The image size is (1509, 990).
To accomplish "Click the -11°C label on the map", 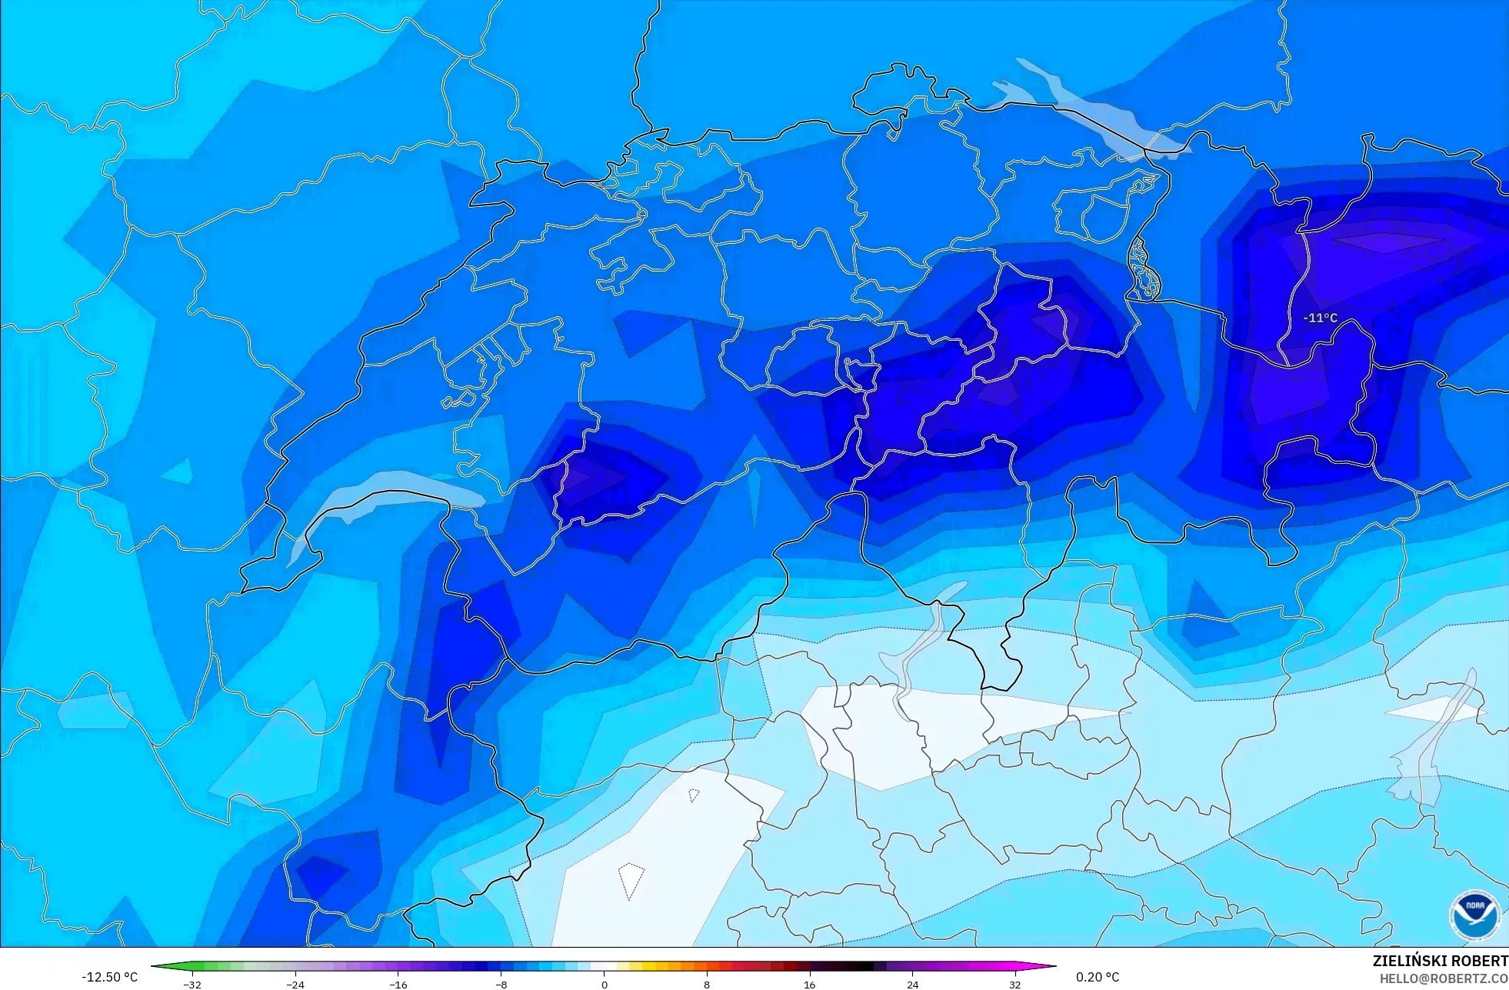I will point(1320,318).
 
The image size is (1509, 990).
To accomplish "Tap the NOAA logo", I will point(1474,915).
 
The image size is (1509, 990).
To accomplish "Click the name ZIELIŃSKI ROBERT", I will point(1440,961).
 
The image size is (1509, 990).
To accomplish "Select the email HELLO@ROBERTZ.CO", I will point(1443,979).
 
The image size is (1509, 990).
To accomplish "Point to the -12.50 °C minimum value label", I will point(109,977).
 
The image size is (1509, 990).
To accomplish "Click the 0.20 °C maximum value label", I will point(1098,977).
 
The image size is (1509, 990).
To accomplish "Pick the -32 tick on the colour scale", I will point(192,984).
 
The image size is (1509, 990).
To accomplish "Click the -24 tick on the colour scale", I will point(295,984).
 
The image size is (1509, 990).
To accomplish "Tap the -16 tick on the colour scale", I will point(398,984).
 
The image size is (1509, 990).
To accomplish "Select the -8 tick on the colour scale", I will point(501,984).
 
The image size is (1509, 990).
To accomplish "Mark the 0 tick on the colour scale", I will point(605,984).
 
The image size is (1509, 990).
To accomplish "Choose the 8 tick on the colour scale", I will point(707,984).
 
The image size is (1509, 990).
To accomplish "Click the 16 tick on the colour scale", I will point(809,984).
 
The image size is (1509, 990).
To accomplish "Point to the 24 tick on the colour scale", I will point(912,984).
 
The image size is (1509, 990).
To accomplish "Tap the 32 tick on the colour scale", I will point(1015,984).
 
